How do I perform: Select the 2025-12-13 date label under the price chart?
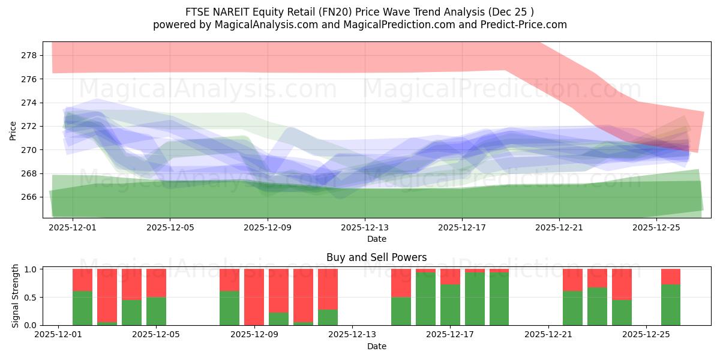(x=365, y=228)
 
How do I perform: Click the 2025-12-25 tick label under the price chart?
(x=656, y=228)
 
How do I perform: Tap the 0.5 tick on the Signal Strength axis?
(x=29, y=298)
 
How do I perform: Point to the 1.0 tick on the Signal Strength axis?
(x=29, y=269)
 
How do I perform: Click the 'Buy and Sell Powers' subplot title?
(x=376, y=257)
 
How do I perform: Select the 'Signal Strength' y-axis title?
(x=16, y=296)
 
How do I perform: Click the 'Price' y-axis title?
(x=13, y=130)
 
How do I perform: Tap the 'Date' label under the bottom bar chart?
(x=376, y=346)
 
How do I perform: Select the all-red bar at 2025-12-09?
(x=254, y=297)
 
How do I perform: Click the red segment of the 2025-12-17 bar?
(x=450, y=276)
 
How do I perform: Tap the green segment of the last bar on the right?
(x=670, y=305)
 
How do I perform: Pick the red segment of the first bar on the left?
(x=82, y=280)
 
